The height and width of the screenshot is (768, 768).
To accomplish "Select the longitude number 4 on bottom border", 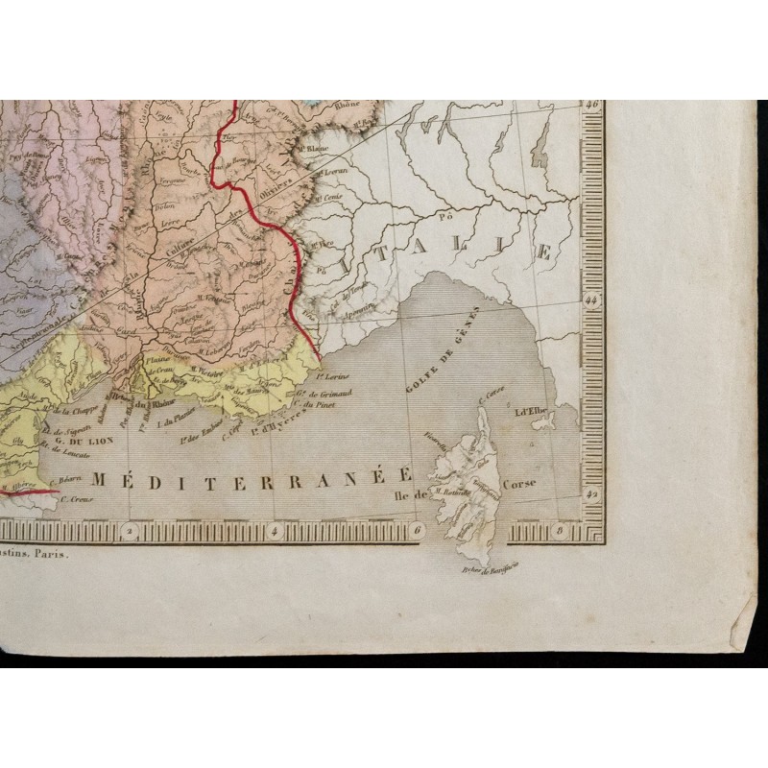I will [x=275, y=529].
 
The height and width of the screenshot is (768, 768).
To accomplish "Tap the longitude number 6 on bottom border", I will [x=416, y=529].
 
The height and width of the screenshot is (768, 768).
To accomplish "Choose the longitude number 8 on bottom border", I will [x=558, y=529].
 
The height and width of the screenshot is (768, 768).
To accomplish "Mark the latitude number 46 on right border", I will [x=592, y=106].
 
